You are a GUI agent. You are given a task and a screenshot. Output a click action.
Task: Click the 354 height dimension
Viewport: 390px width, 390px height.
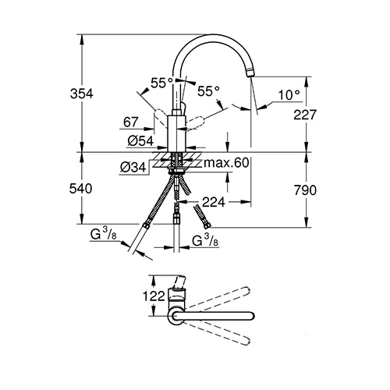tap(82, 94)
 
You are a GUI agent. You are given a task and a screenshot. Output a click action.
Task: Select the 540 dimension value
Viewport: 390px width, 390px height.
tap(80, 189)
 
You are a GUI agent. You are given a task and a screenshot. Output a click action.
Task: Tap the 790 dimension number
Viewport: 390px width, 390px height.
tap(305, 190)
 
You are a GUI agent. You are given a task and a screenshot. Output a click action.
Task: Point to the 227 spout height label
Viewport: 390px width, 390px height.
tap(305, 115)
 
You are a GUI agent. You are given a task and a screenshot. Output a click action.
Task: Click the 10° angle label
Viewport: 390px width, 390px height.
tap(289, 95)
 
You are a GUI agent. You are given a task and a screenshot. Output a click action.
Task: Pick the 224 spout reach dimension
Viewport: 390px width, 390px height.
tap(214, 202)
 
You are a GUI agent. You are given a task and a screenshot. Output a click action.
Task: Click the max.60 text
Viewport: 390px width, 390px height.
tap(226, 163)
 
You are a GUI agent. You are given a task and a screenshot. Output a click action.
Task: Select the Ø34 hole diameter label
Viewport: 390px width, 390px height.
tap(133, 168)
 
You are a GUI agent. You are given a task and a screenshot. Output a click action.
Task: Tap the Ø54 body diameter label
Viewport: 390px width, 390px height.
tap(140, 141)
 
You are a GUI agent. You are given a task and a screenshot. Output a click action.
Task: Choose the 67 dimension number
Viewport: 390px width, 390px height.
tap(131, 122)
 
